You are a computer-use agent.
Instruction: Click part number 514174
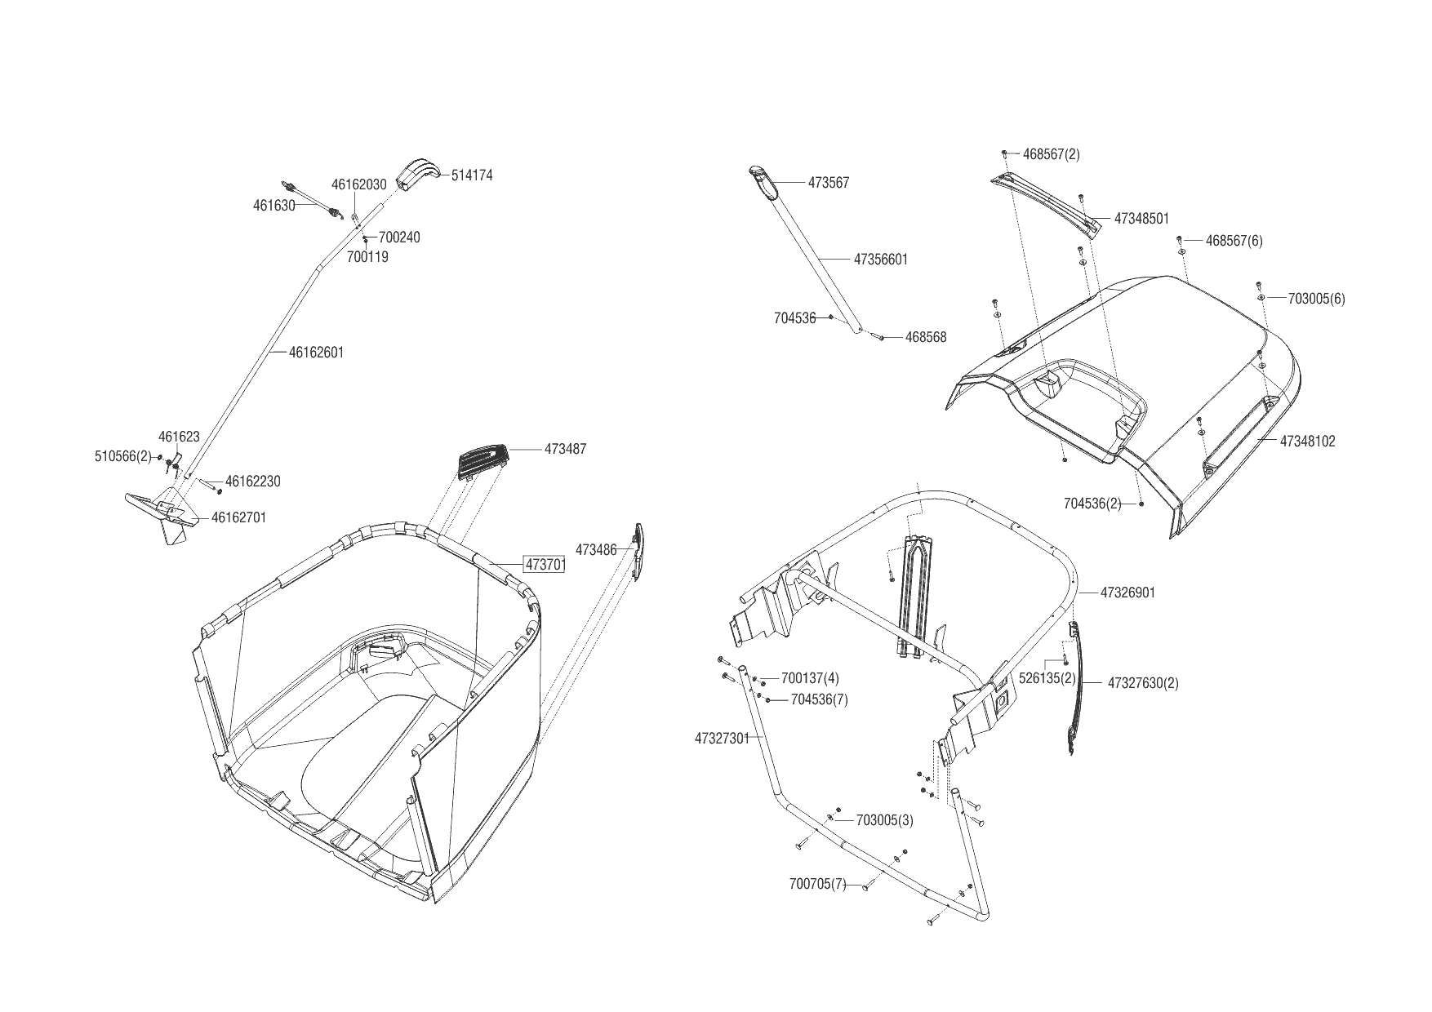click(472, 175)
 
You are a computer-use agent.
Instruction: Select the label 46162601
click(317, 353)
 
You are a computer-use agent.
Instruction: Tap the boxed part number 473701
click(545, 565)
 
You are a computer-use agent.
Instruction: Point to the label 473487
click(566, 449)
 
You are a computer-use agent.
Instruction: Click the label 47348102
click(1307, 442)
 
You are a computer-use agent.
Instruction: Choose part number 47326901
click(1127, 593)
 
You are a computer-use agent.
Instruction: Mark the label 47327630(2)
click(1143, 683)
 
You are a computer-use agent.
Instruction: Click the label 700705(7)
click(818, 884)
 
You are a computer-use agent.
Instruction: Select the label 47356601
click(881, 260)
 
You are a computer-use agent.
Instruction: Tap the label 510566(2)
click(123, 457)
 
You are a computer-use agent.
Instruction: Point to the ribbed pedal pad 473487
click(483, 461)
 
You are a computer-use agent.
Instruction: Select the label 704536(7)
click(819, 699)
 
